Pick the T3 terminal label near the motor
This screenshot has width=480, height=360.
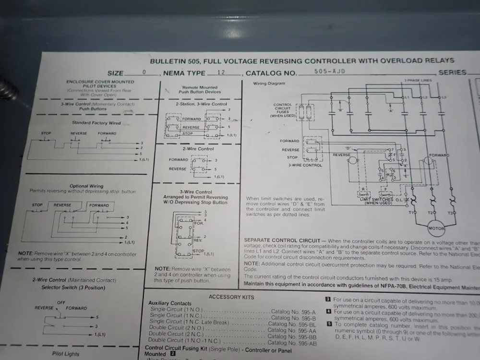pos(450,213)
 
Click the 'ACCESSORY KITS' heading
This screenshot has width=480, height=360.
pos(231,297)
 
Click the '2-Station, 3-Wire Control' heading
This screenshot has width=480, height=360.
pos(201,104)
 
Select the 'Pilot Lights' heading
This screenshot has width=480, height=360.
pos(66,354)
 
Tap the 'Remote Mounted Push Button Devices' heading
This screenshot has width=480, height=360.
pos(200,90)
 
